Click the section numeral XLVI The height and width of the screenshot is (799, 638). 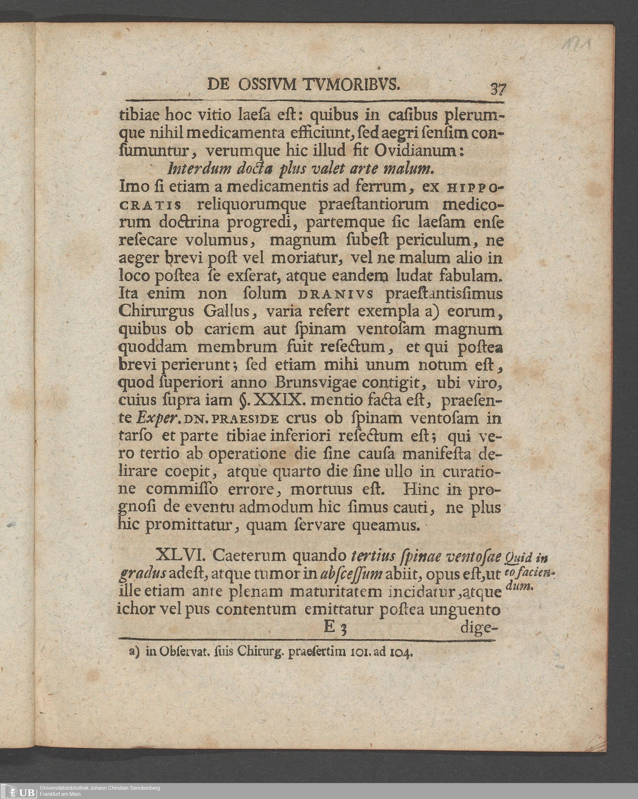pyautogui.click(x=179, y=556)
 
